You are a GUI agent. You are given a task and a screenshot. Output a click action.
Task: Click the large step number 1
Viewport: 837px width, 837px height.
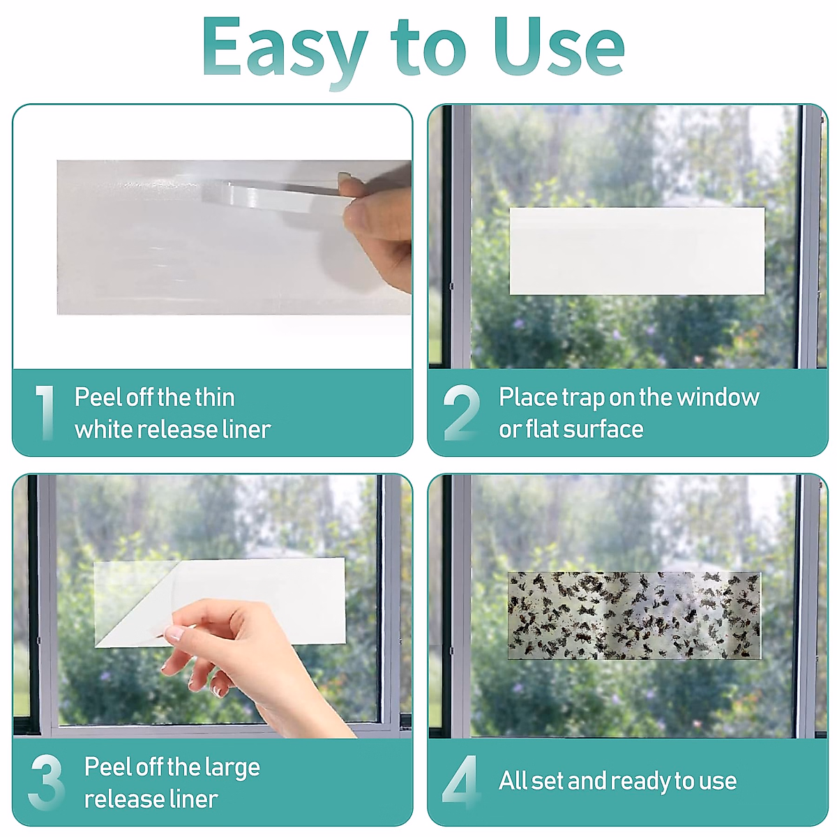[45, 413]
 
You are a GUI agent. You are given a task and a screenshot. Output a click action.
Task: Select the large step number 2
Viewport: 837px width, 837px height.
[461, 413]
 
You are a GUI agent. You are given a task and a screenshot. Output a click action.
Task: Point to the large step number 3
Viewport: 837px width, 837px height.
[47, 783]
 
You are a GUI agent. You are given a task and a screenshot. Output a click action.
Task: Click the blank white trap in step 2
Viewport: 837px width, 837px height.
[637, 251]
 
